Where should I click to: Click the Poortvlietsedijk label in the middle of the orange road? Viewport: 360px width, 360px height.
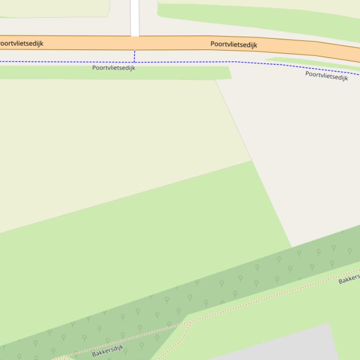[234, 44]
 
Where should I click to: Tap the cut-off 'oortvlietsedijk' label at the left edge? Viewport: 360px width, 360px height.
[21, 43]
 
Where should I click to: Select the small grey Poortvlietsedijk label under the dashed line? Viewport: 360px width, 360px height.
[113, 68]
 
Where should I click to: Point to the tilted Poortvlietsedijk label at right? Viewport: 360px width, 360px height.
[326, 76]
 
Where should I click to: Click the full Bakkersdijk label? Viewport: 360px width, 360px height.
[107, 351]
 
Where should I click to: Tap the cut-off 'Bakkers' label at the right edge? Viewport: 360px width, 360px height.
[349, 279]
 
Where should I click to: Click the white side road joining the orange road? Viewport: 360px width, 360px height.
[135, 18]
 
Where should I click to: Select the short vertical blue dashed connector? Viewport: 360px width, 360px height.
[134, 56]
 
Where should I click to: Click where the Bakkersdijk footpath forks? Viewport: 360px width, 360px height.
[191, 322]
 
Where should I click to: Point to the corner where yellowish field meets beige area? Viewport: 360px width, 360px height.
[251, 161]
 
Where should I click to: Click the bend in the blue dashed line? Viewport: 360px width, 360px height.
[235, 62]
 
